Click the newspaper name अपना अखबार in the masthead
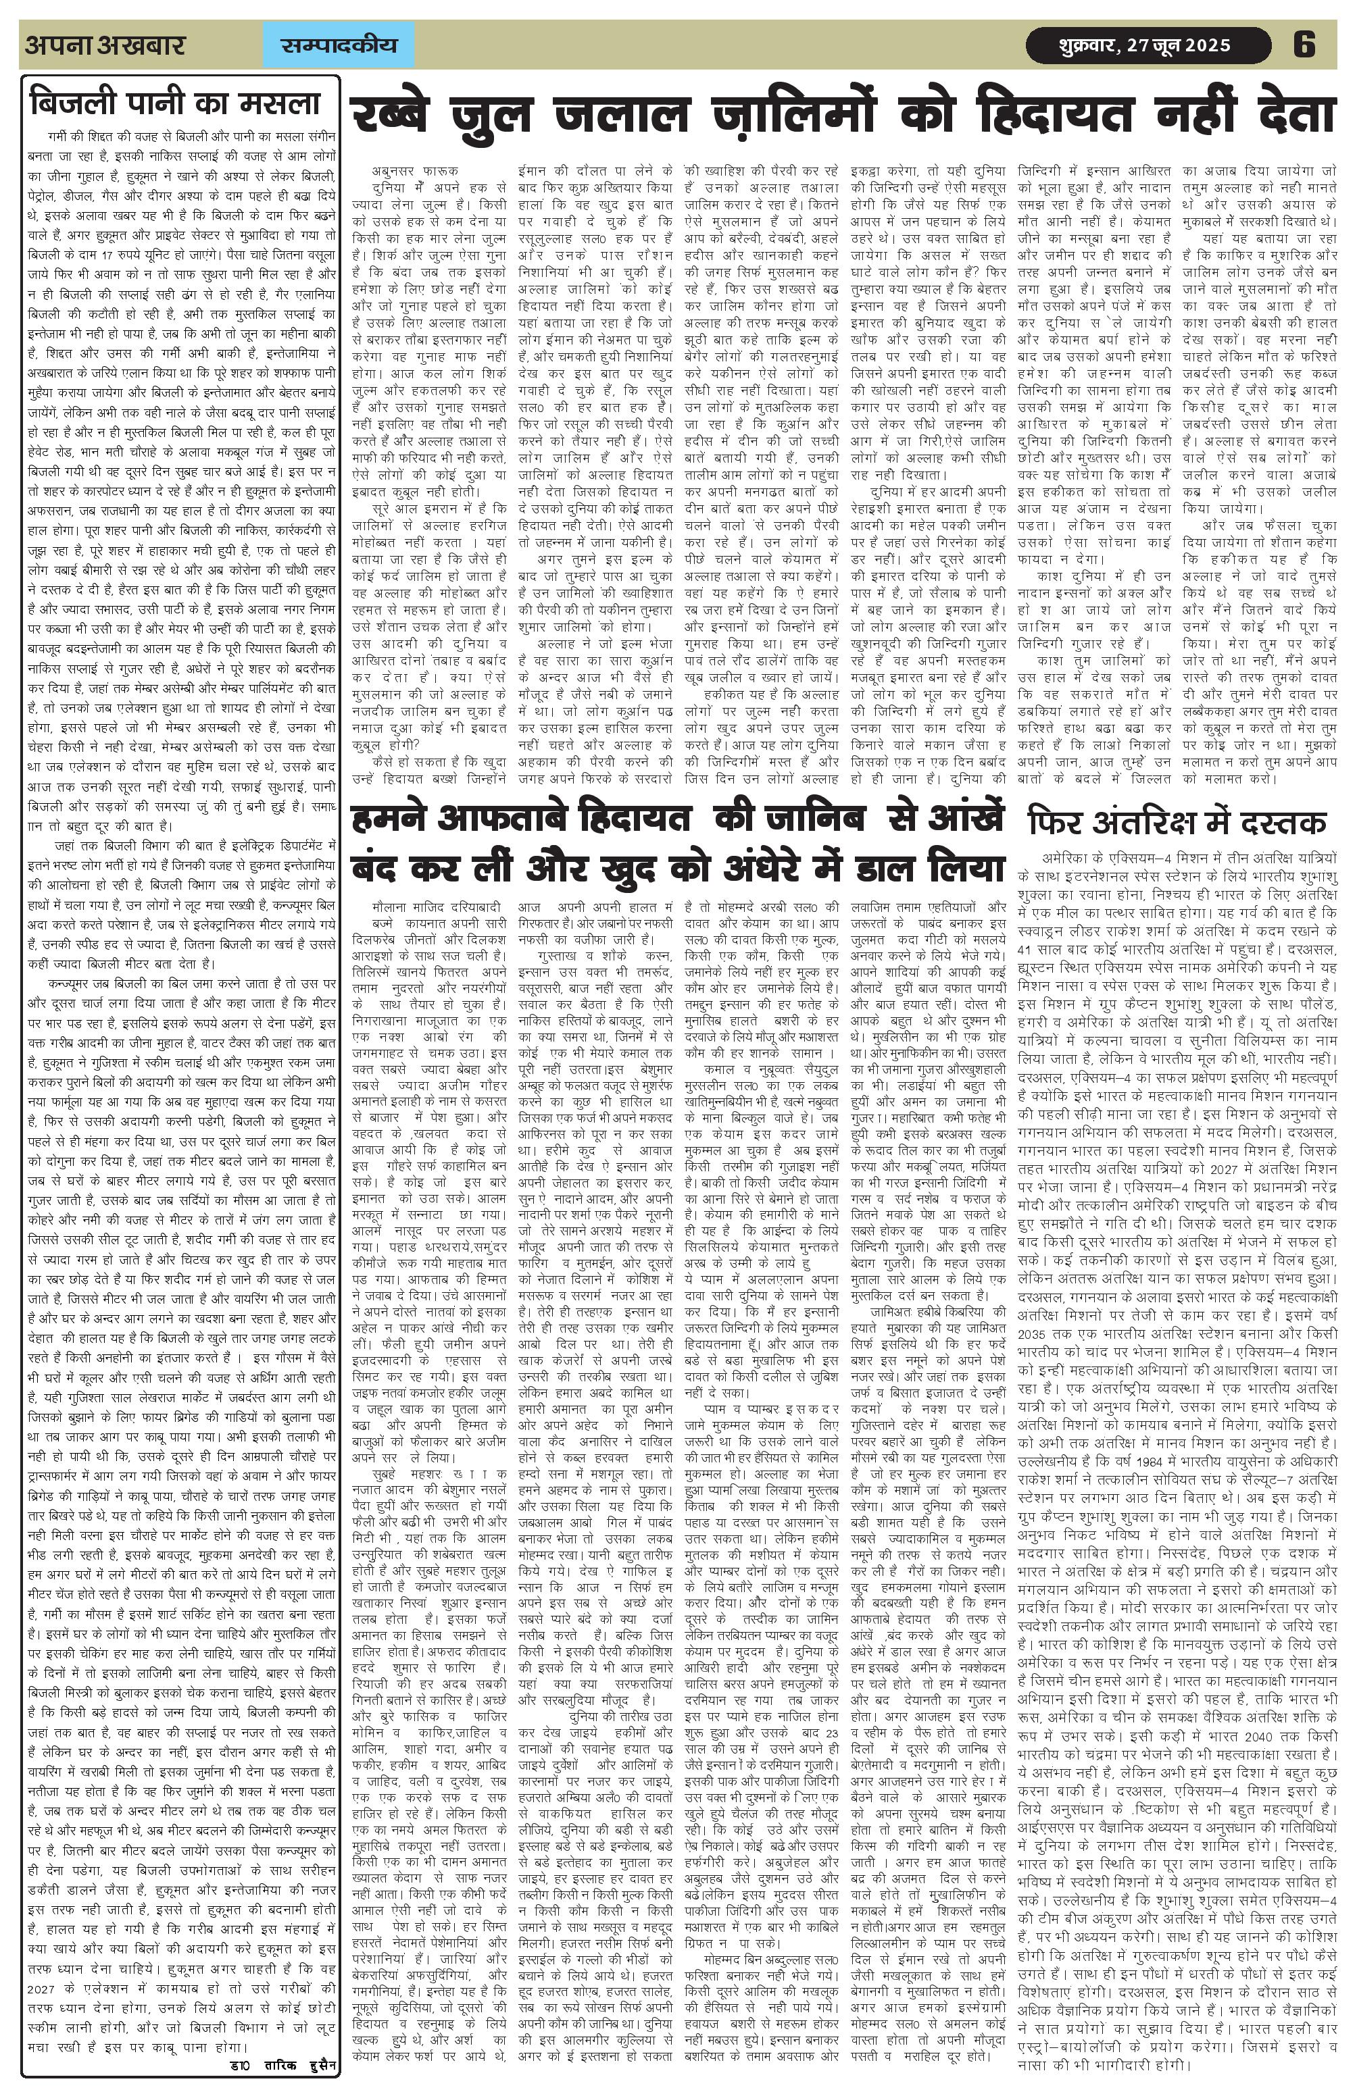[105, 45]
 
